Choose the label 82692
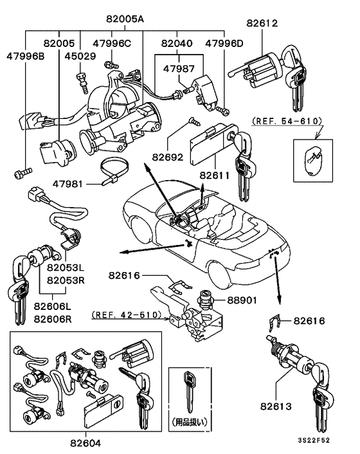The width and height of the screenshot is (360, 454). point(168,156)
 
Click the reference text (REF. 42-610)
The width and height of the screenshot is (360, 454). point(131,316)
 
